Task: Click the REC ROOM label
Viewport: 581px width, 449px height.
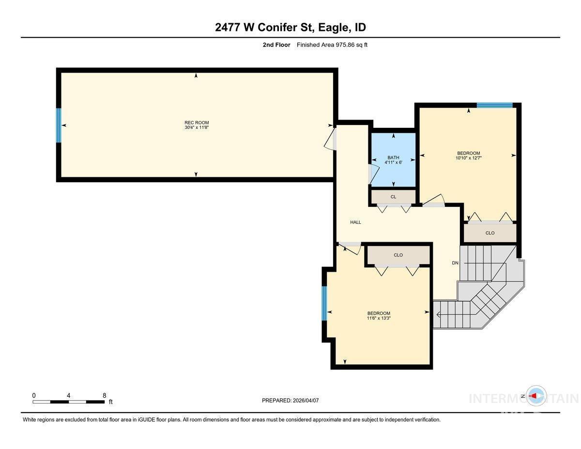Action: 197,123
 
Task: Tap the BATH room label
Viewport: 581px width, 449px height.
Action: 393,157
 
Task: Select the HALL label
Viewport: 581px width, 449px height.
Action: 355,222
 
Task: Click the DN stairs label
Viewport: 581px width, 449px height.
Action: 455,263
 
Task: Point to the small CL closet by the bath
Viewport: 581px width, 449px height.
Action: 393,197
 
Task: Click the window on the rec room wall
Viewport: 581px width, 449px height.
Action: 59,125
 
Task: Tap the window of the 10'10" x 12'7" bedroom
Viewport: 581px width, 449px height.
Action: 495,105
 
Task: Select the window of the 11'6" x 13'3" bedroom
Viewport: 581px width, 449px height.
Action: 324,303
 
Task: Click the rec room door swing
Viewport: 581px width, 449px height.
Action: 330,139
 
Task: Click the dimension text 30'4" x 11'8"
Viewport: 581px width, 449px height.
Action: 197,127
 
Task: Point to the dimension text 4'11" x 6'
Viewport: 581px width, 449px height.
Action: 393,162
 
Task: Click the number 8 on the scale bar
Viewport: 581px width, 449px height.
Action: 104,395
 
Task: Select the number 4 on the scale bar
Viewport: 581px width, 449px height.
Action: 68,395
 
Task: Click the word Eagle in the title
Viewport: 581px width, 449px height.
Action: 334,27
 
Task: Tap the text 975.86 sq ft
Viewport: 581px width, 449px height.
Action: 352,45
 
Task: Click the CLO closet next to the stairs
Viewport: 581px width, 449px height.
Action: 490,233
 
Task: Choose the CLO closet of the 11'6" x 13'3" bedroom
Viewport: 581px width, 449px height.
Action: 398,255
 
